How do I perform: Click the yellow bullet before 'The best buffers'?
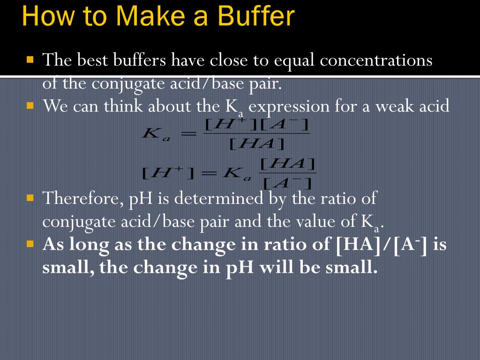pos(30,60)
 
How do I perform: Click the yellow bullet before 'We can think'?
pos(30,105)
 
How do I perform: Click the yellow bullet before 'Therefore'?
pos(30,197)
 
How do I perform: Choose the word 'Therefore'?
pos(80,198)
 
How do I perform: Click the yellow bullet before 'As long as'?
pos(30,244)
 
